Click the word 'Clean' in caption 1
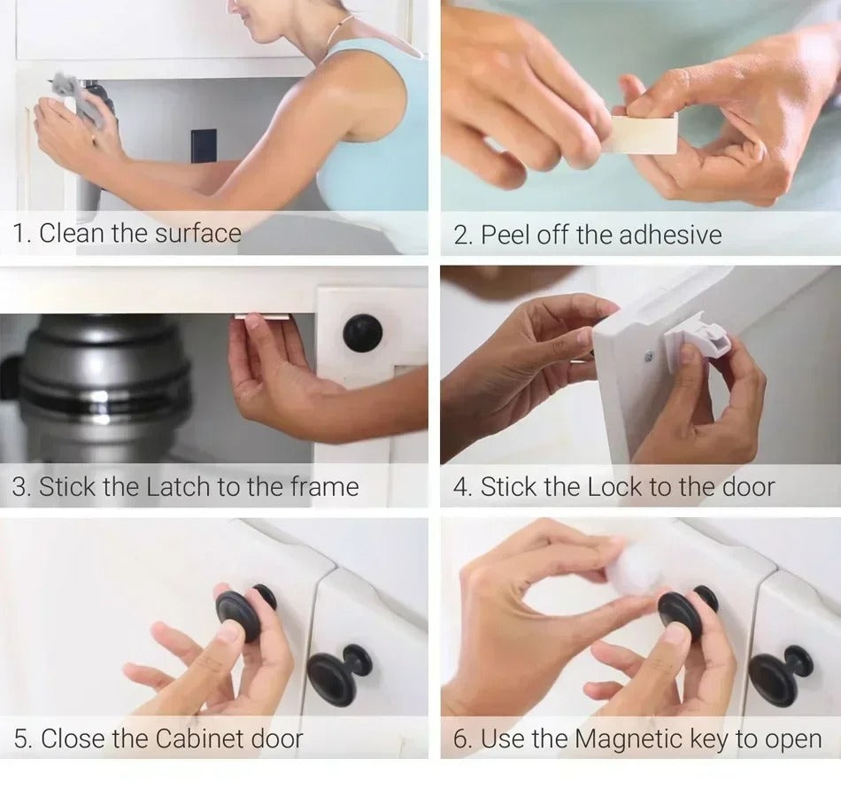click(72, 234)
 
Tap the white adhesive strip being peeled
click(645, 134)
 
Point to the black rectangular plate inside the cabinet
click(203, 146)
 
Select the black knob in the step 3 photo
click(363, 333)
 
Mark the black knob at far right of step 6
click(779, 674)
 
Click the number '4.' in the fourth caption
click(462, 487)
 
